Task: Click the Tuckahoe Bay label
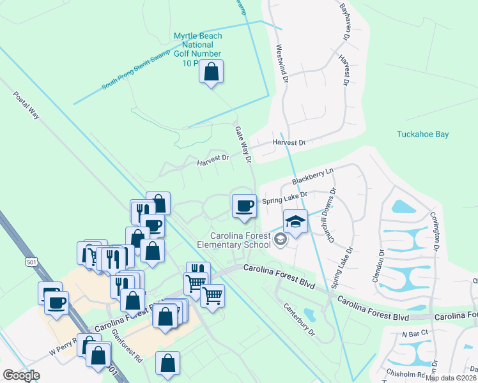422,134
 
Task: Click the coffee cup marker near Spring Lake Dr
243,206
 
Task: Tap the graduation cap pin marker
295,222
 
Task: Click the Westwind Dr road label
282,63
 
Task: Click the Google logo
22,375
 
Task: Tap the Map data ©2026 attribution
451,378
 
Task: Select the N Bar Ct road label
415,333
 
